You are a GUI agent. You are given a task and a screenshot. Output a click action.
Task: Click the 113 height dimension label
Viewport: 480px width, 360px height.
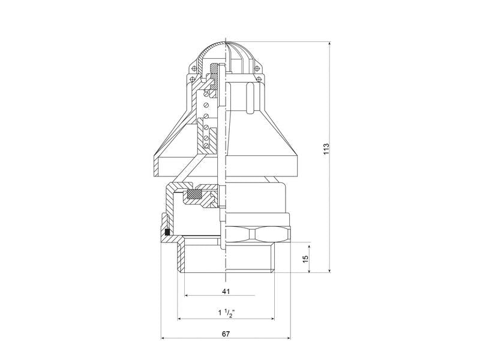[326, 149]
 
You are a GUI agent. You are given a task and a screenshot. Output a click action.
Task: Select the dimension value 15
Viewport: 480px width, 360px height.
[305, 259]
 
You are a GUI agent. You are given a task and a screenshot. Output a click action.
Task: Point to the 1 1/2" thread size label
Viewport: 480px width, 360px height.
[226, 313]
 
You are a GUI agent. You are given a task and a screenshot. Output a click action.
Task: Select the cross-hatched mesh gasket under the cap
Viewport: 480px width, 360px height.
[194, 194]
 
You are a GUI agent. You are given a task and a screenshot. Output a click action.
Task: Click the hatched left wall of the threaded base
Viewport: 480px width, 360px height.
[181, 258]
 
